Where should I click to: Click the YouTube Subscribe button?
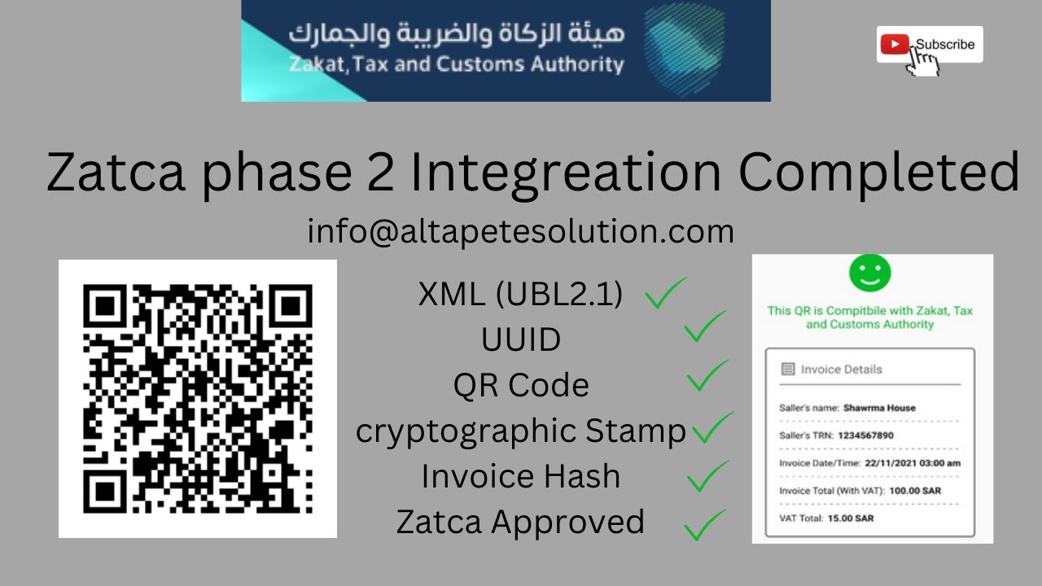click(x=929, y=45)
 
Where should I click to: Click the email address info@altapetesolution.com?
click(x=521, y=232)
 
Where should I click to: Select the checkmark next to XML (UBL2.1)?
click(x=665, y=294)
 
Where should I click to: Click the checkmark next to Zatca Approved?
click(x=704, y=525)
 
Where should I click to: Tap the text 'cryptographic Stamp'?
click(x=521, y=431)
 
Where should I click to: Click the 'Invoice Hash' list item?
click(x=521, y=477)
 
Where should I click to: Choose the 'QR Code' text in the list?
click(x=521, y=385)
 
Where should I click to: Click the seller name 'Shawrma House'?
click(x=879, y=408)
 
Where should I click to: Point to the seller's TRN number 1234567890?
click(x=865, y=435)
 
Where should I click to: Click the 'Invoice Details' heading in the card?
click(x=841, y=370)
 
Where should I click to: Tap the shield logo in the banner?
click(x=684, y=50)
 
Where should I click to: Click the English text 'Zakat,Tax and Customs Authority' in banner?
click(x=457, y=65)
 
